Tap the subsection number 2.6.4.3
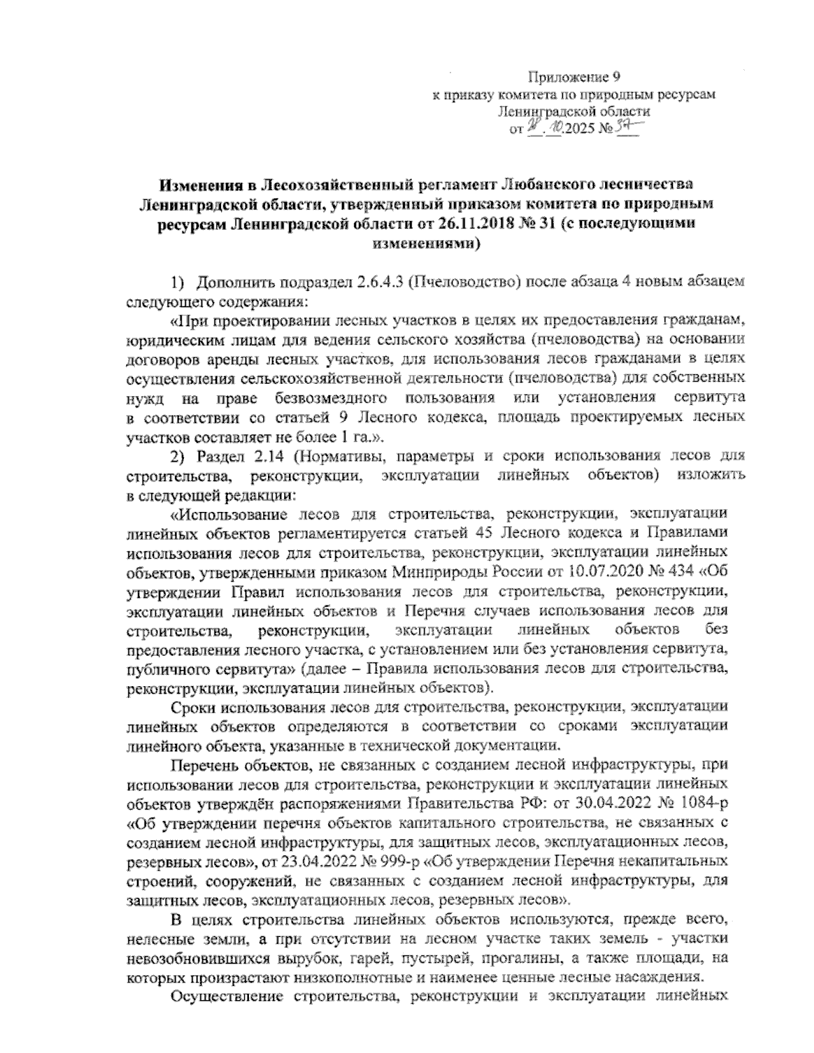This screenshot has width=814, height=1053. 375,281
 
